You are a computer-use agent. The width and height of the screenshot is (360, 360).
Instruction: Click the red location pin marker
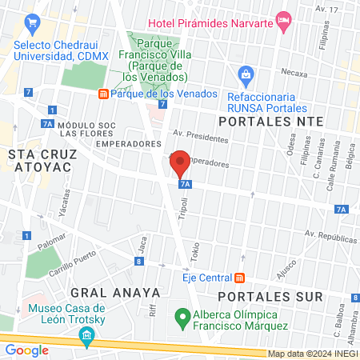tap(180, 164)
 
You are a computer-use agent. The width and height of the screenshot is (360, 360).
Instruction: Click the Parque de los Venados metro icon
tap(103, 94)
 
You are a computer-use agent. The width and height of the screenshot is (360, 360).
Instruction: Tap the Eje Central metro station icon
tap(238, 278)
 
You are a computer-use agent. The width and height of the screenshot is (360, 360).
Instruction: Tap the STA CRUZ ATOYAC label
tap(40, 159)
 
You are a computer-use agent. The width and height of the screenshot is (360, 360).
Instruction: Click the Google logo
tap(26, 350)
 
